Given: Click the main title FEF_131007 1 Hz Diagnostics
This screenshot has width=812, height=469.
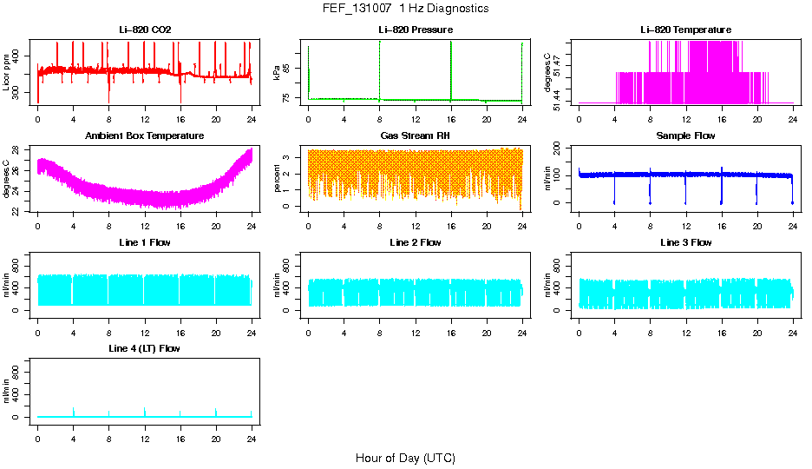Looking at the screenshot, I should coord(405,9).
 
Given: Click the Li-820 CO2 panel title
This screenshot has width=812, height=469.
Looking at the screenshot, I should coord(145,30).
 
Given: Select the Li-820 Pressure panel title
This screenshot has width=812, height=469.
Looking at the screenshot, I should coord(416,30).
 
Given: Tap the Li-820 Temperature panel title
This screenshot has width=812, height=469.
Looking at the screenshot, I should coord(685,30).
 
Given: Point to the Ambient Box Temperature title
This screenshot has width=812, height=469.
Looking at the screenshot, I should coord(145,136).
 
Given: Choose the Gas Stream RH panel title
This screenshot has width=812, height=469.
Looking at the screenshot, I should coord(416,136).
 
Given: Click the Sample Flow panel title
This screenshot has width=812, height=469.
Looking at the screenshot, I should coord(685,136).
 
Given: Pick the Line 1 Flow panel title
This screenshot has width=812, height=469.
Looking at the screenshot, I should coord(145,242).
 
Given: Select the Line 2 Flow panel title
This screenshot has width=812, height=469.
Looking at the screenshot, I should coord(416,242).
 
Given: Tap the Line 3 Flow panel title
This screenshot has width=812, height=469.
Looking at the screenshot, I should coord(685,242).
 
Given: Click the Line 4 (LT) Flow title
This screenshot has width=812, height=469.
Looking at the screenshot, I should coord(145,348).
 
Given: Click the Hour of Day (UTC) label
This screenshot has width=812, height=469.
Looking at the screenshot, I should coord(405,458).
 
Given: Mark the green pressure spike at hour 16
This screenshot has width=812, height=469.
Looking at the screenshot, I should coord(451,69).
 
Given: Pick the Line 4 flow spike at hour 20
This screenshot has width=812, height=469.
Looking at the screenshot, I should coord(216,410).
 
